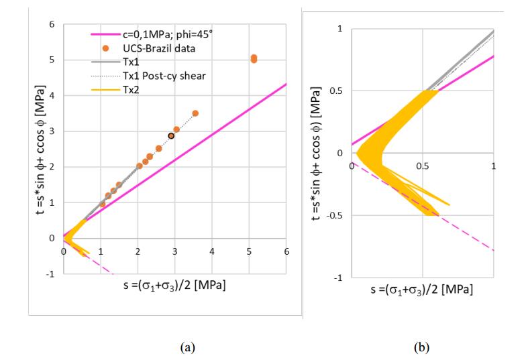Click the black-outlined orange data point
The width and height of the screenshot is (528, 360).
[x=171, y=135]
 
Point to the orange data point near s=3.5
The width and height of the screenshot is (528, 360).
[x=195, y=113]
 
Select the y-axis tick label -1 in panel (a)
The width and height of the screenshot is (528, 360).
[x=50, y=273]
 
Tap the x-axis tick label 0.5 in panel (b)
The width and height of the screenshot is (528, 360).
[x=423, y=166]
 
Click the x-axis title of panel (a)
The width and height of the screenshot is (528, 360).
[x=174, y=286]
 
